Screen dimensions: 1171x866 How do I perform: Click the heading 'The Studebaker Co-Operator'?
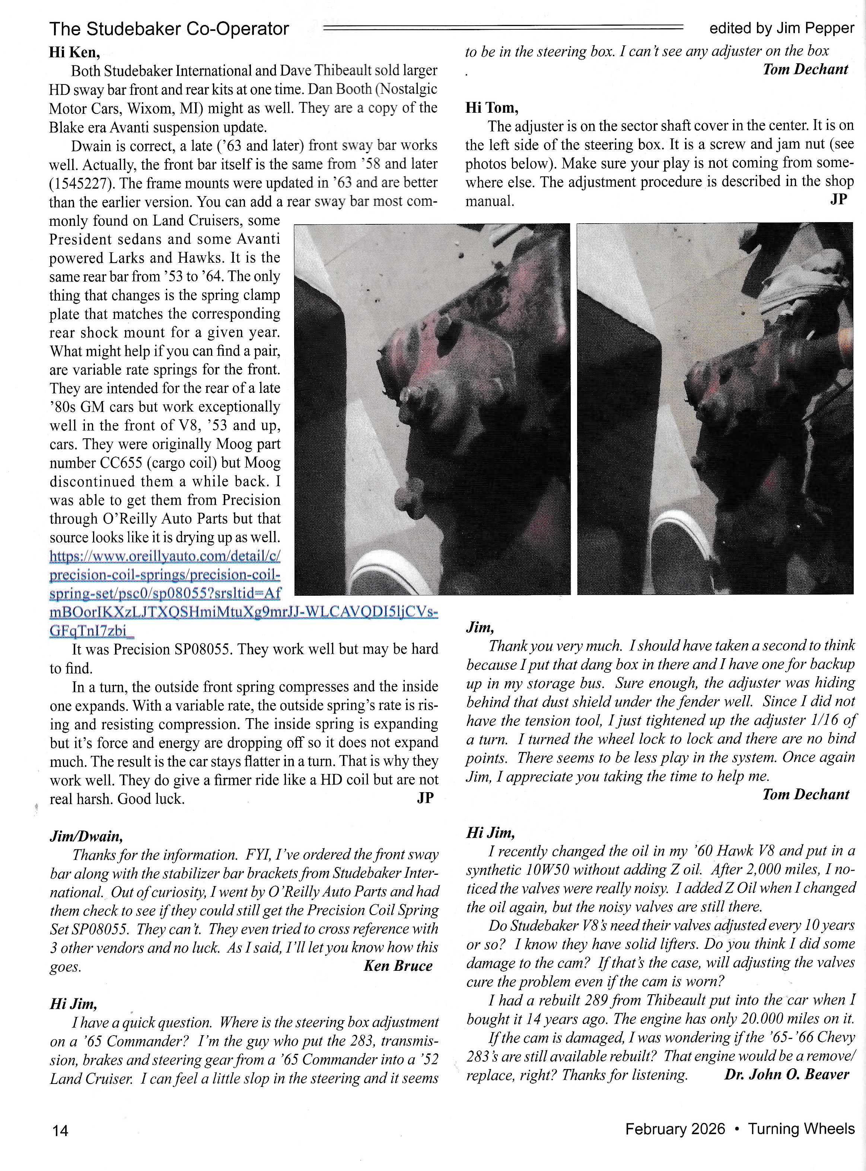169,28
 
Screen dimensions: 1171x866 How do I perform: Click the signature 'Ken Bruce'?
398,966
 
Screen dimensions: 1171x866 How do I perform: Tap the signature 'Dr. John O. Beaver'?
786,1075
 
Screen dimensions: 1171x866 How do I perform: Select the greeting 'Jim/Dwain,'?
86,836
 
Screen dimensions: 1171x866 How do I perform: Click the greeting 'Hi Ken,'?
74,52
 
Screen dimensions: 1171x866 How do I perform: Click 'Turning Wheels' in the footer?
801,1129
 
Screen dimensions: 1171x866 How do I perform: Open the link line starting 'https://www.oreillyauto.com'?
165,556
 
